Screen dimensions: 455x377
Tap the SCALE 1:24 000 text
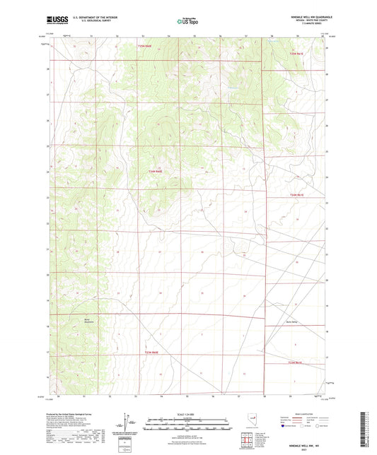pyautogui.click(x=187, y=415)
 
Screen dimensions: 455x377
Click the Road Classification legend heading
pyautogui.click(x=301, y=415)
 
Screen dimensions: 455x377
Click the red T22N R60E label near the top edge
pyautogui.click(x=144, y=47)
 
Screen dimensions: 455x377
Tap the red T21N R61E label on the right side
pyautogui.click(x=295, y=194)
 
